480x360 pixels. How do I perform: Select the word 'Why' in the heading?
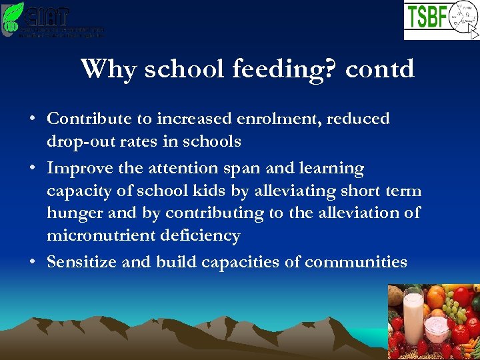point(107,69)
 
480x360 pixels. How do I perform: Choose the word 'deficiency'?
point(203,235)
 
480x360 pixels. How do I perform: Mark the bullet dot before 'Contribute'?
point(33,120)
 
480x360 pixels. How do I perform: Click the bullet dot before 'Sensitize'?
point(33,263)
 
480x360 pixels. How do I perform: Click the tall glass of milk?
point(413,313)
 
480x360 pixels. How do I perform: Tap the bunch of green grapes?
point(457,311)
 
